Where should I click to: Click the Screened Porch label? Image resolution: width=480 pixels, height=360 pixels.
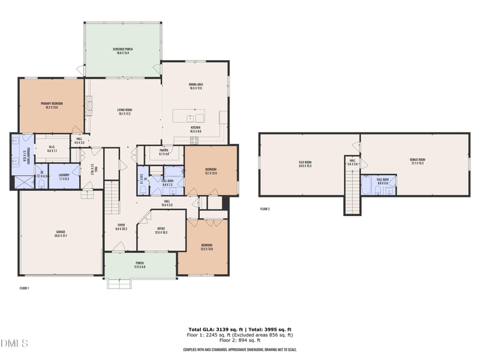pyautogui.click(x=122, y=50)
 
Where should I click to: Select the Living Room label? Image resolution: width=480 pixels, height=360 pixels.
pyautogui.click(x=124, y=112)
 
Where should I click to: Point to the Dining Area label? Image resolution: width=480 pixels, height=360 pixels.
pyautogui.click(x=194, y=86)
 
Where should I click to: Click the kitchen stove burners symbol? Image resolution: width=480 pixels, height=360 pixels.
pyautogui.click(x=194, y=140)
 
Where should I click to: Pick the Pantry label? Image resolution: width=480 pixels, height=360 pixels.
pyautogui.click(x=163, y=152)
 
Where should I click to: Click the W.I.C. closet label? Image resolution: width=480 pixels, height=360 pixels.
pyautogui.click(x=52, y=149)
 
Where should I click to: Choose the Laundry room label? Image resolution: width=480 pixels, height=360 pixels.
pyautogui.click(x=64, y=176)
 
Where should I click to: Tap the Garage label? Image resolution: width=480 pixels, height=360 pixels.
pyautogui.click(x=61, y=233)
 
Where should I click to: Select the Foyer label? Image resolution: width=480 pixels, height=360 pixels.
pyautogui.click(x=121, y=227)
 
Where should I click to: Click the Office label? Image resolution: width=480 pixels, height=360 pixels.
pyautogui.click(x=161, y=230)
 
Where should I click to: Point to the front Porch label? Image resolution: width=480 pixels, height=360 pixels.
pyautogui.click(x=139, y=264)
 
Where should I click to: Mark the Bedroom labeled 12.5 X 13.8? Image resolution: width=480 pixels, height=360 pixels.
pyautogui.click(x=206, y=247)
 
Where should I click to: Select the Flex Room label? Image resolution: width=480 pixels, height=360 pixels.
pyautogui.click(x=305, y=164)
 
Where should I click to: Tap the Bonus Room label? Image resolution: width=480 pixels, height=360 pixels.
pyautogui.click(x=417, y=161)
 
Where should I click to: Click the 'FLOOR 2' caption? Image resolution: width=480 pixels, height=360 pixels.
pyautogui.click(x=265, y=209)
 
